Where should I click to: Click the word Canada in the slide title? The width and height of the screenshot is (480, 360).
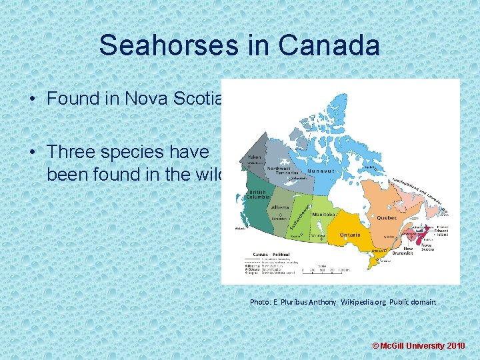click(x=331, y=45)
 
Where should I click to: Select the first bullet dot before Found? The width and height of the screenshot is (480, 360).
click(x=33, y=99)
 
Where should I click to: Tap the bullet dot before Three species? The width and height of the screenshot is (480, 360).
click(x=33, y=152)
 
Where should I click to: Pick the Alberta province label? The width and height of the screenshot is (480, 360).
click(x=280, y=207)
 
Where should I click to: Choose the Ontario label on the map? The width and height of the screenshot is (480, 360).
click(x=349, y=235)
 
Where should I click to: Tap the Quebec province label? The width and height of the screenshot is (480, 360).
click(x=387, y=218)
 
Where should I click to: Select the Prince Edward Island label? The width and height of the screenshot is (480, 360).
click(x=443, y=231)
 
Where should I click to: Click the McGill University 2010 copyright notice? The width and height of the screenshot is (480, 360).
click(x=418, y=347)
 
